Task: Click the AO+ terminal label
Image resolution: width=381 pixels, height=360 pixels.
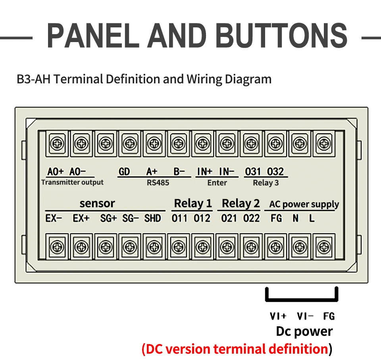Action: (55, 171)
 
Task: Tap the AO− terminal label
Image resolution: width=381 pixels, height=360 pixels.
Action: (77, 171)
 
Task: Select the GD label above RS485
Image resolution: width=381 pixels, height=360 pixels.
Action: (124, 171)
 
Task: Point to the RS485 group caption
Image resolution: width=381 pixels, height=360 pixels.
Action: (158, 183)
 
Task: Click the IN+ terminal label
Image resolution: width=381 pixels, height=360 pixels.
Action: (205, 171)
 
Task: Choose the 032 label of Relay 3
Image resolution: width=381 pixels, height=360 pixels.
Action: (275, 171)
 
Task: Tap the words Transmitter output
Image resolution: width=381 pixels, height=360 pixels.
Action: (72, 182)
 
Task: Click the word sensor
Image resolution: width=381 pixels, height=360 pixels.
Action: (97, 204)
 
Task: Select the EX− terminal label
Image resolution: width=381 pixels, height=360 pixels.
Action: (54, 218)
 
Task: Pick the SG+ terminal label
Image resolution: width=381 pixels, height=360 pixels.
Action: (108, 218)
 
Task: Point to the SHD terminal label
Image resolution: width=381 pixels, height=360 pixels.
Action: (152, 218)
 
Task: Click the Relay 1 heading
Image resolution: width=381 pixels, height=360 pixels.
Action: (193, 204)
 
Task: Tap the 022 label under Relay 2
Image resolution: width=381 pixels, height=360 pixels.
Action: (252, 218)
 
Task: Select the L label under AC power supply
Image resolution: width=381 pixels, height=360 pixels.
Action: (312, 218)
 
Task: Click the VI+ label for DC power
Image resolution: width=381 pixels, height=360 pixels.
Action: (278, 316)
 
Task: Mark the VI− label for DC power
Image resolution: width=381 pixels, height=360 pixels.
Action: (305, 316)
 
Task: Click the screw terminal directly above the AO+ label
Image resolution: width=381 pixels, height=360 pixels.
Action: (57, 143)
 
